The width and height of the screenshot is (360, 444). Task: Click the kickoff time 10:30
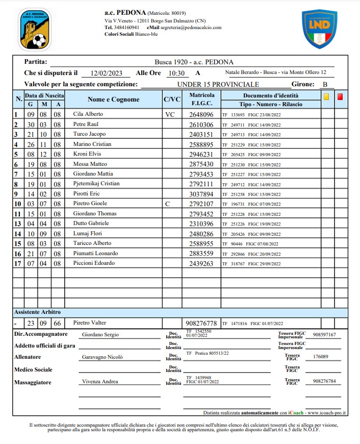[176, 73]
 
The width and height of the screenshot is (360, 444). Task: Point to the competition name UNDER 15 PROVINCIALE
[218, 84]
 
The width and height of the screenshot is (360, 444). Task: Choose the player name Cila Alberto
[88, 115]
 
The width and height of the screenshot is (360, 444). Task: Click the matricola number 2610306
[201, 125]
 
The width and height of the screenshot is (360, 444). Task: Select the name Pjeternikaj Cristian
[96, 184]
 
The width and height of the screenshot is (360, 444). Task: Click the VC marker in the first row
[170, 115]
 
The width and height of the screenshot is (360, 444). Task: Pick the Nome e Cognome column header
[113, 100]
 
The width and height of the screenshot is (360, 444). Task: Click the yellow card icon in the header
[326, 95]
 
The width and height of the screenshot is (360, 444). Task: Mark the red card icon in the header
[340, 95]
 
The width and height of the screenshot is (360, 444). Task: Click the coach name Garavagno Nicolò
[102, 357]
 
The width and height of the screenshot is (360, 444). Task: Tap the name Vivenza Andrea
[99, 382]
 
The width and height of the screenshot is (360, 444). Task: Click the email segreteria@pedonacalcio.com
[191, 28]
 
